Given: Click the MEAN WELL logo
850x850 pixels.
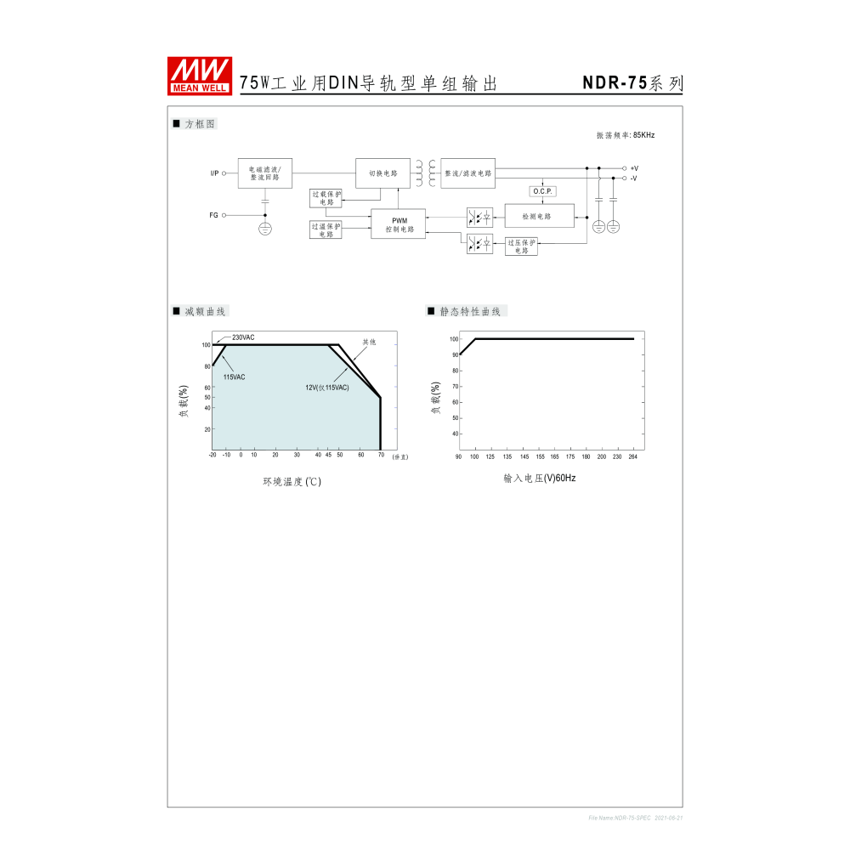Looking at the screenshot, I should [200, 75].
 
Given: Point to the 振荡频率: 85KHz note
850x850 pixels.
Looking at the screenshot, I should [625, 135].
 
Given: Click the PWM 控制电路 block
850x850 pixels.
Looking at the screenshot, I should [399, 224].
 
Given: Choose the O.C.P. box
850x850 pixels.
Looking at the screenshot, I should [542, 191].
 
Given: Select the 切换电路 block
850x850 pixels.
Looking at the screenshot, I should [382, 173].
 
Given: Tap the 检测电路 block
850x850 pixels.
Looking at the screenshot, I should [539, 217].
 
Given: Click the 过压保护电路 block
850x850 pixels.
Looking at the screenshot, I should [521, 246].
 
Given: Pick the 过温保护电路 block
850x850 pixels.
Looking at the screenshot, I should [326, 229].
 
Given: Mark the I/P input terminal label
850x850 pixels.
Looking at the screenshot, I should [214, 173].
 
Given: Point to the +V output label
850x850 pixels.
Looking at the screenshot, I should [634, 168].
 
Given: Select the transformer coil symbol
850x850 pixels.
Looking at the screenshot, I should [425, 173].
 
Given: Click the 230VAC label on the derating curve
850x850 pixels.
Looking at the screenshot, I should [243, 337].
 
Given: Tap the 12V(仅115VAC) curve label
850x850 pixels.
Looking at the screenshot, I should [327, 388].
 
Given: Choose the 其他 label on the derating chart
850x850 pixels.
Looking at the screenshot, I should [369, 342].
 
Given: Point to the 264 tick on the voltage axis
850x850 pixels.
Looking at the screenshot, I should [632, 457].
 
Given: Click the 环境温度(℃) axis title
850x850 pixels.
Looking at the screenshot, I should [292, 482].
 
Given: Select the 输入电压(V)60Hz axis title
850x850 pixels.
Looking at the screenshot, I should [539, 479].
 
